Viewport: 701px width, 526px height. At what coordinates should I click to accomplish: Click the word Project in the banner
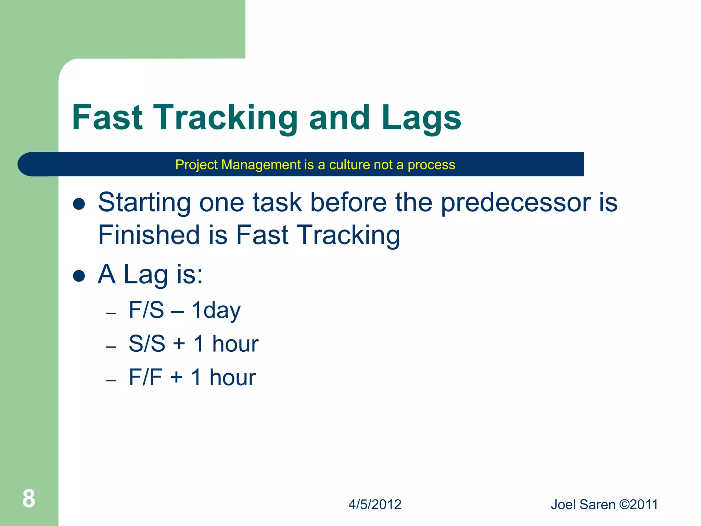tap(197, 165)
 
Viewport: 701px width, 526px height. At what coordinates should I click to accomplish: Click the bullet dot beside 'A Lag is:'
tap(79, 276)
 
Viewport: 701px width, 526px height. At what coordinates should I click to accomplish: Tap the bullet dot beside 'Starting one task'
tap(79, 204)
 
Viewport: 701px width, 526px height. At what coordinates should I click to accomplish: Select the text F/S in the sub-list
tap(146, 310)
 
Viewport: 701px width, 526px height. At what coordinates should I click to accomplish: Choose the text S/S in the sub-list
tap(147, 343)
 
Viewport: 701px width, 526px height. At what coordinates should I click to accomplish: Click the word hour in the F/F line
tap(232, 377)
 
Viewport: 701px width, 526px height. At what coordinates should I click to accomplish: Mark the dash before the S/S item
tap(111, 347)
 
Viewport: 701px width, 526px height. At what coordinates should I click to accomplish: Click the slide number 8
tap(29, 499)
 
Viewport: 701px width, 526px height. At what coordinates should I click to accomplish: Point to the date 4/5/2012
tap(375, 504)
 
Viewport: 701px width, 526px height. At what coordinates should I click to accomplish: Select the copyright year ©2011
tap(639, 504)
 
